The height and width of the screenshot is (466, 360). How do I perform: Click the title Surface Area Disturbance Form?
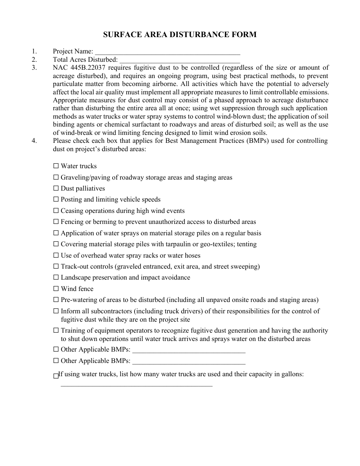click(180, 34)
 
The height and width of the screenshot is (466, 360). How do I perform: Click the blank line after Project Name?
click(167, 52)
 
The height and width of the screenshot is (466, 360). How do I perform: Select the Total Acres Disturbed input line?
click(180, 60)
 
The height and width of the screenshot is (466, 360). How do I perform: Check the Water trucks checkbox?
click(56, 166)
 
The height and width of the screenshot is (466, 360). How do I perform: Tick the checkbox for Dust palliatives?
click(56, 188)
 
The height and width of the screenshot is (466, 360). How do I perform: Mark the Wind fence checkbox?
click(56, 289)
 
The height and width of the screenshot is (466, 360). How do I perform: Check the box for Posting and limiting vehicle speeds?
click(56, 199)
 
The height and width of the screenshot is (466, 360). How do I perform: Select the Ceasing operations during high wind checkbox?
click(56, 211)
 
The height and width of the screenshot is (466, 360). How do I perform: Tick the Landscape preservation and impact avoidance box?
click(56, 277)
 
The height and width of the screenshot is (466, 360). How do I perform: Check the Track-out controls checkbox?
click(56, 266)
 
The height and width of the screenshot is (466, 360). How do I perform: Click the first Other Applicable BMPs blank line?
click(189, 350)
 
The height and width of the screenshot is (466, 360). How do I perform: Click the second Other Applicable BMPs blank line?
click(189, 361)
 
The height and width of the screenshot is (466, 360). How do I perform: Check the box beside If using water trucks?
click(56, 376)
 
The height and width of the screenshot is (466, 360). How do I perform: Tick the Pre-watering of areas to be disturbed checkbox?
click(56, 300)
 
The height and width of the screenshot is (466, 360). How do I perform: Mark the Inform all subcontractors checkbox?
click(56, 311)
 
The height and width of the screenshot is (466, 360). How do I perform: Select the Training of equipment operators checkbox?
click(56, 331)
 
